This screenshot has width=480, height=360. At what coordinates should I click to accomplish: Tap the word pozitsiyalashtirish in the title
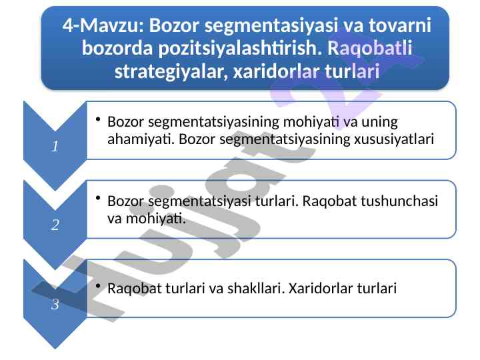coord(240,49)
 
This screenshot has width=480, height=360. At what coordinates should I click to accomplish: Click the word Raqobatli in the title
coord(369,48)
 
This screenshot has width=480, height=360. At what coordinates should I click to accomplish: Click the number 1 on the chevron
coord(55,146)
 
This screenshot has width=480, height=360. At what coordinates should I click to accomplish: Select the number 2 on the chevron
coord(55,225)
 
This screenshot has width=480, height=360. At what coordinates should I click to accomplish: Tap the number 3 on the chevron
coord(55,304)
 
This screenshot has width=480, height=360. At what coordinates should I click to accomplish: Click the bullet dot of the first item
coord(98,119)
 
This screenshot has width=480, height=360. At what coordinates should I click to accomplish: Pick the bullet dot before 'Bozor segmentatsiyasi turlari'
coord(98,198)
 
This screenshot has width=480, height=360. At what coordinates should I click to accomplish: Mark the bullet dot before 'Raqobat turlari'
coord(98,286)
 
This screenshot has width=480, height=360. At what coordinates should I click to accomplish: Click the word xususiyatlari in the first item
coord(394,139)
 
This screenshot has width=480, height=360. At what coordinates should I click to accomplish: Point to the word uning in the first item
coord(379,123)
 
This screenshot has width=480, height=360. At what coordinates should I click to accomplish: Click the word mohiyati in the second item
coord(156,218)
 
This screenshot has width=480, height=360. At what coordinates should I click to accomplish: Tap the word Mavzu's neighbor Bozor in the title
coord(174,25)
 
